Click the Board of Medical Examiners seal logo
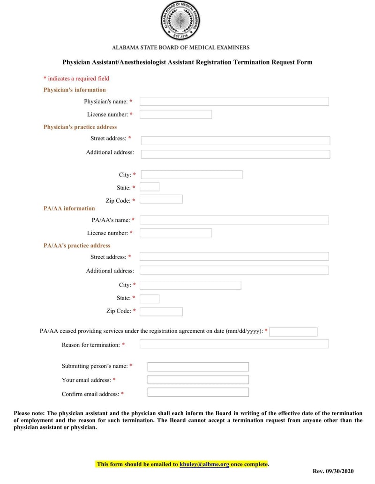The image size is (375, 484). click(180, 21)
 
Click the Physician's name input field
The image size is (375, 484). click(234, 101)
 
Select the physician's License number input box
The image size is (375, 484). click(176, 114)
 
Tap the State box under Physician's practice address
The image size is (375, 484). click(150, 187)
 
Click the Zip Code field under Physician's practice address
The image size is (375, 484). click(161, 199)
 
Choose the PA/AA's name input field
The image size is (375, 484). click(234, 220)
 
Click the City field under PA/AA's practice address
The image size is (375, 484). click(190, 285)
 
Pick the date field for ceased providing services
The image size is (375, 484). click(293, 332)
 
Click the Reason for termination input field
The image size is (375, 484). click(234, 344)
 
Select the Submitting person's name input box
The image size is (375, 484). click(198, 367)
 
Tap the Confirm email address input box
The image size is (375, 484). click(198, 393)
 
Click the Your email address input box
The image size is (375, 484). click(198, 380)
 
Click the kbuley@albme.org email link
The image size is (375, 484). click(204, 464)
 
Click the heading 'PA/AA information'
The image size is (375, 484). click(69, 208)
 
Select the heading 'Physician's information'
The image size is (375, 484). click(75, 90)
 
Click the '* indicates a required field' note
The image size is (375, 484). click(76, 79)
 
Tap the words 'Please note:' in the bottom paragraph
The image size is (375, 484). click(29, 413)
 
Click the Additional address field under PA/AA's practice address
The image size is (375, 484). click(234, 270)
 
